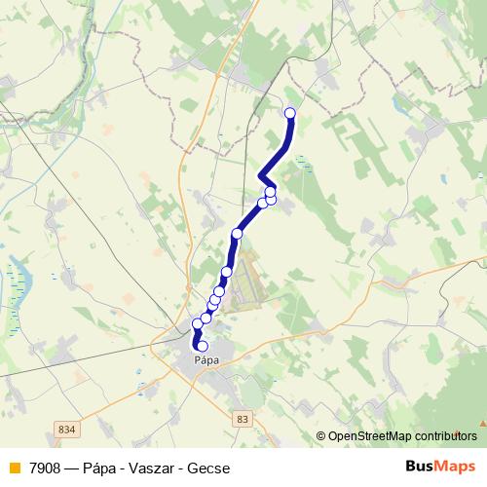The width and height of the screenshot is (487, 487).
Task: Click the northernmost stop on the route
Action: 289,113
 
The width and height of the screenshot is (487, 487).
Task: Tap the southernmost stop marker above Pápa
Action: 202,345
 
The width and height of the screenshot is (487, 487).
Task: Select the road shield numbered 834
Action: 67,429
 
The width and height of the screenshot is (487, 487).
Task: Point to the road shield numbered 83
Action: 243,418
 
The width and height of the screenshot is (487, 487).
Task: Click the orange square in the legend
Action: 14,468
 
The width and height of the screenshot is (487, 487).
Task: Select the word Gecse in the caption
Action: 209,468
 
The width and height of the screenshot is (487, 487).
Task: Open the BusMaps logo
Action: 441,467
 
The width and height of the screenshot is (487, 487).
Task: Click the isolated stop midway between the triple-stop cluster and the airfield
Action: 237,234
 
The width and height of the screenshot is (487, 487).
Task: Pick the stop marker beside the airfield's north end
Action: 227,272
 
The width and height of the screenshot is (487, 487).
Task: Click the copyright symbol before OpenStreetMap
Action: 321,436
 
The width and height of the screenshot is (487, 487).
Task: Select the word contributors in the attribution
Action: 445,436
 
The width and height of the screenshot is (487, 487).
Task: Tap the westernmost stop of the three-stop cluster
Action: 262,203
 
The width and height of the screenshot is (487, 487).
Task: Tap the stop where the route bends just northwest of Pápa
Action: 198,322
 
